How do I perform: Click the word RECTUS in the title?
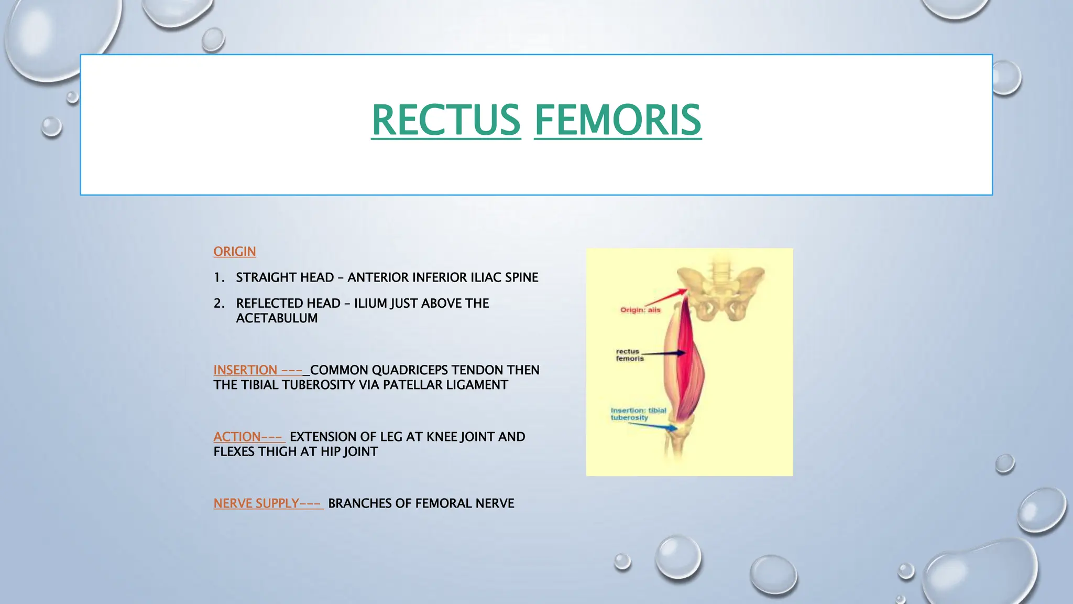pyautogui.click(x=446, y=120)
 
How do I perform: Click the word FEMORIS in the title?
pyautogui.click(x=617, y=120)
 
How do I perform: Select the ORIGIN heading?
pyautogui.click(x=234, y=252)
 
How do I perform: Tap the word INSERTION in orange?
pyautogui.click(x=245, y=370)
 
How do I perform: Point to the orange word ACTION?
pyautogui.click(x=237, y=437)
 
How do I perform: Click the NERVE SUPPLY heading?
pyautogui.click(x=256, y=503)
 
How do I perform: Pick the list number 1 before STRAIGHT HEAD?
pyautogui.click(x=218, y=277)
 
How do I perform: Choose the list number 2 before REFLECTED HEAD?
pyautogui.click(x=218, y=304)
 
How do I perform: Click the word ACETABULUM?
pyautogui.click(x=277, y=318)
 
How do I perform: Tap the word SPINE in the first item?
pyautogui.click(x=521, y=277)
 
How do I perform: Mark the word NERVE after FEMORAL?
pyautogui.click(x=495, y=503)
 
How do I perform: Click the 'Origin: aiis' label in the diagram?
pyautogui.click(x=640, y=310)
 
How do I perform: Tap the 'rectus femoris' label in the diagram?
pyautogui.click(x=629, y=355)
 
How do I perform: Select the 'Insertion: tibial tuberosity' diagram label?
pyautogui.click(x=638, y=414)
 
